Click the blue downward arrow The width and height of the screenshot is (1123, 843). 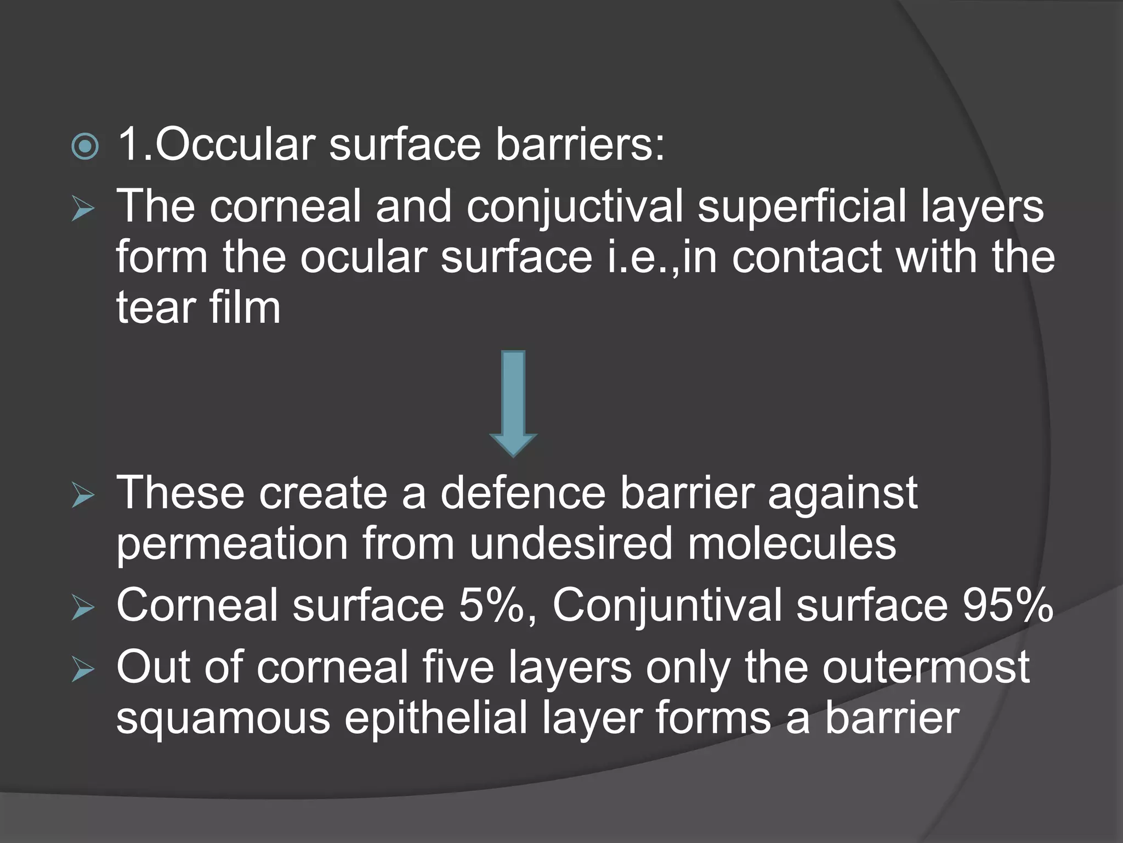tap(513, 403)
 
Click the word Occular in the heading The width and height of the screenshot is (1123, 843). tap(235, 144)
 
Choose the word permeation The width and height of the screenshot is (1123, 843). tap(232, 544)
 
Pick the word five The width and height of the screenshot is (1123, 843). tap(458, 666)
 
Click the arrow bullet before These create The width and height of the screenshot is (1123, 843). tap(83, 497)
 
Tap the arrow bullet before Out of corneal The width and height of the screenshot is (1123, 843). tap(83, 670)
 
